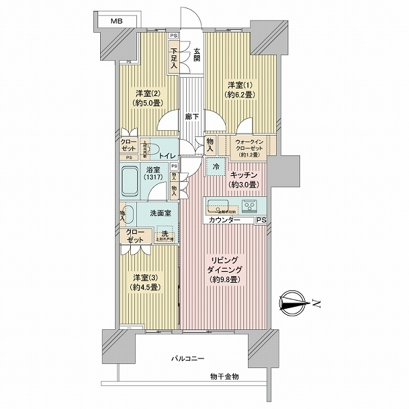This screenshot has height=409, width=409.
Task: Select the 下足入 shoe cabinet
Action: pos(175,59)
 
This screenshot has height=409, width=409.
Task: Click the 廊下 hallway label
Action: pos(192,117)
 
